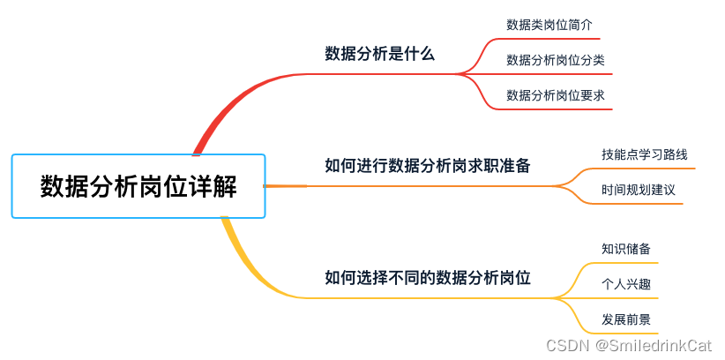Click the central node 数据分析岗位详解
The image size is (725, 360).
[138, 186]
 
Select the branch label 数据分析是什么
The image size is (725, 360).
[380, 54]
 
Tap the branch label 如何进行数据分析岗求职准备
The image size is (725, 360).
[428, 165]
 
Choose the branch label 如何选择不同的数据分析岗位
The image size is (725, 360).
[428, 277]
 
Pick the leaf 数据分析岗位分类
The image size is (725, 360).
[555, 60]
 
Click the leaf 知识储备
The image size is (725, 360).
[626, 249]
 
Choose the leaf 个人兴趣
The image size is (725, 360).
[626, 284]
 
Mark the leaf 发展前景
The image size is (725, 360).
[626, 319]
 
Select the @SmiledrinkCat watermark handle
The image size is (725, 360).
[654, 346]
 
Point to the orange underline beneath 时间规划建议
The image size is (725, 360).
[639, 205]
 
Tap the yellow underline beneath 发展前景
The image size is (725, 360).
[626, 334]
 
